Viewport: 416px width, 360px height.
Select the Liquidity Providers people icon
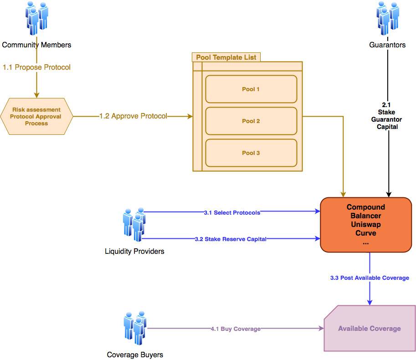pyautogui.click(x=134, y=224)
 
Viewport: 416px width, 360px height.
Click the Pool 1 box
pyautogui.click(x=251, y=89)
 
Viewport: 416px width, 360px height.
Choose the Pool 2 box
pyautogui.click(x=251, y=121)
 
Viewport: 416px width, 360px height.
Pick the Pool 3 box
pyautogui.click(x=251, y=153)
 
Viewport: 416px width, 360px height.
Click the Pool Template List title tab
pyautogui.click(x=226, y=57)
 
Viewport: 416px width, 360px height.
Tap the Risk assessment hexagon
pyautogui.click(x=36, y=116)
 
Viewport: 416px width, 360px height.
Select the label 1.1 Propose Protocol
pyautogui.click(x=36, y=67)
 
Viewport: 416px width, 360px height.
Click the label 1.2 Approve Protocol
pyautogui.click(x=133, y=116)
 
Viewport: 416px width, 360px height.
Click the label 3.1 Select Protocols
pyautogui.click(x=232, y=212)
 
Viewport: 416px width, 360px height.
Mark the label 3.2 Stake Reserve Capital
pyautogui.click(x=230, y=239)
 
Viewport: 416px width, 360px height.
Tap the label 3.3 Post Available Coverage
pyautogui.click(x=370, y=278)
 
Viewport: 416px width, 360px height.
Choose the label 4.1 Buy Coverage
pyautogui.click(x=236, y=329)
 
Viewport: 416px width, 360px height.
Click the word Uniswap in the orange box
pyautogui.click(x=365, y=224)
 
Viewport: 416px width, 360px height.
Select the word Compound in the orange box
pyautogui.click(x=365, y=207)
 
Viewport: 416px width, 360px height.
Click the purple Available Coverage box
pyautogui.click(x=369, y=329)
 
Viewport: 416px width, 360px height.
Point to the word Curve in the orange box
pyautogui.click(x=365, y=233)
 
